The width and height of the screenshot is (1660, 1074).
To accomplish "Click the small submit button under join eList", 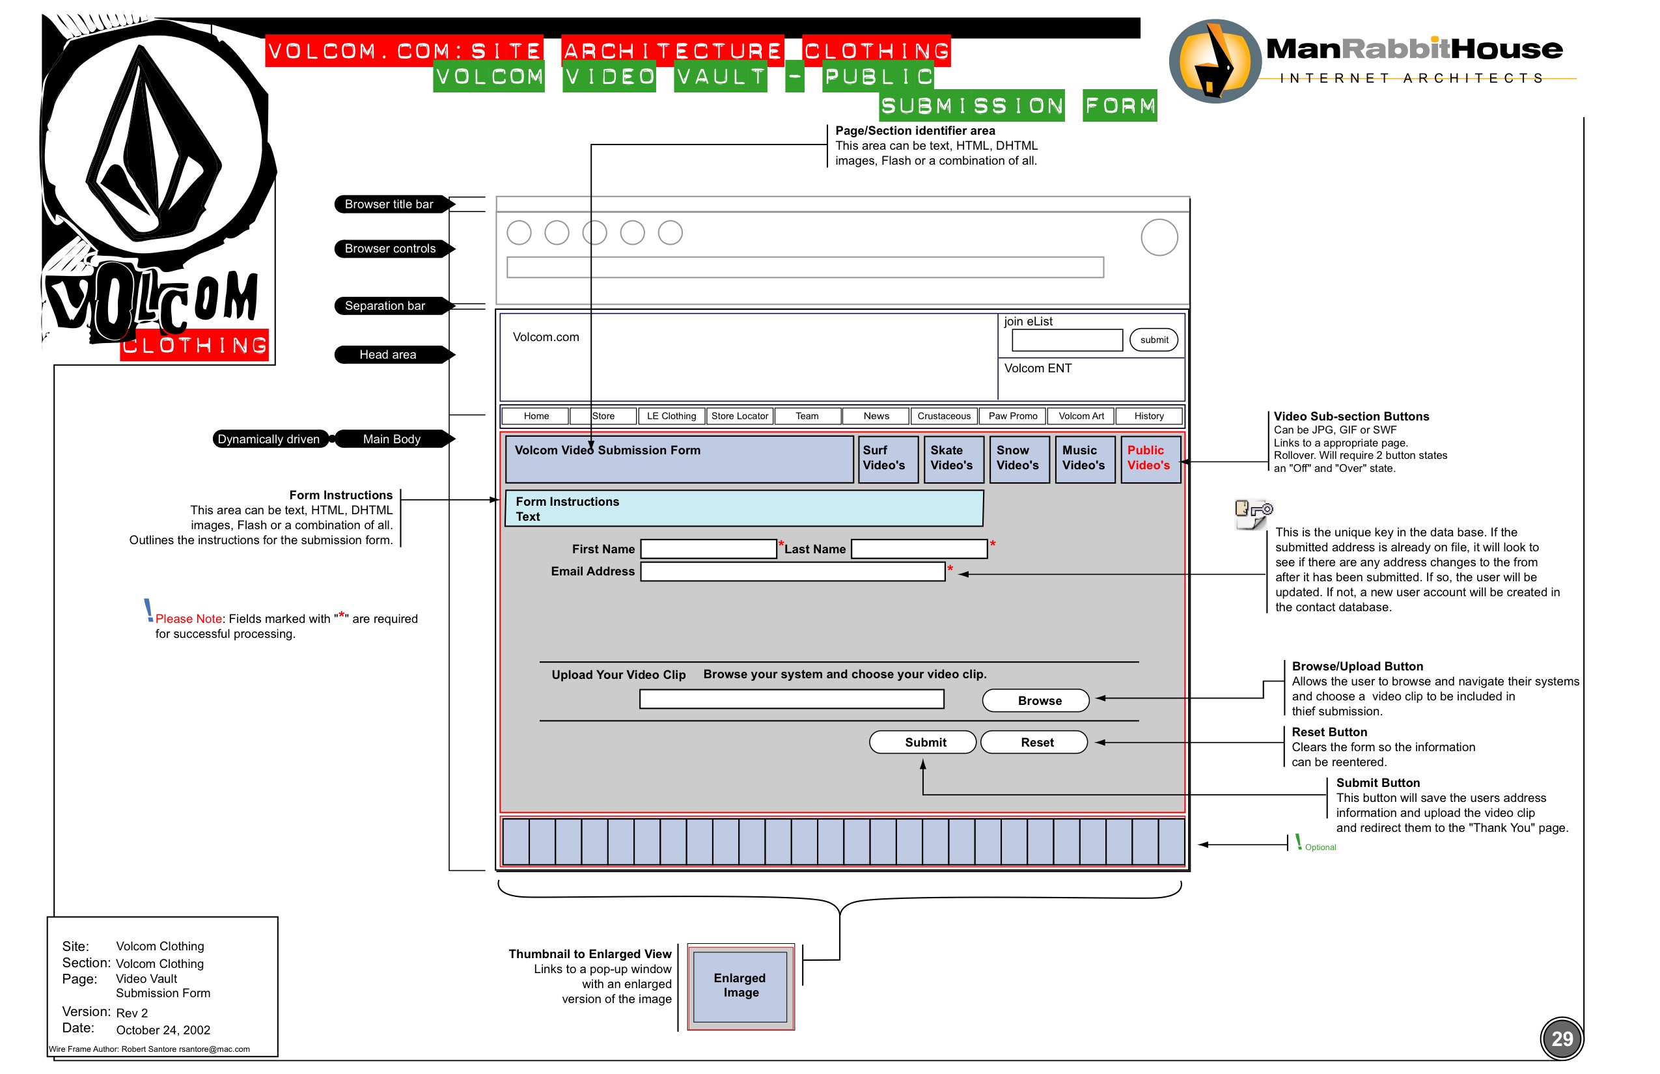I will [x=1154, y=340].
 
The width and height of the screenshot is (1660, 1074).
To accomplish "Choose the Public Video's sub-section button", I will [x=1150, y=458].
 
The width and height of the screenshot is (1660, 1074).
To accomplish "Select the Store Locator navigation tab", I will [x=740, y=416].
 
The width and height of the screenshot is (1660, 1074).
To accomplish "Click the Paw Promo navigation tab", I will [x=1013, y=416].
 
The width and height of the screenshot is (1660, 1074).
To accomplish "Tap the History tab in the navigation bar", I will [x=1149, y=416].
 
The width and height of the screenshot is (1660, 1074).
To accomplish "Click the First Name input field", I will [x=709, y=549].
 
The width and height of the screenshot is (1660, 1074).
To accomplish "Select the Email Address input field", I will [x=792, y=571].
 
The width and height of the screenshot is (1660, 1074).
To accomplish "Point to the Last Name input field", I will [x=919, y=549].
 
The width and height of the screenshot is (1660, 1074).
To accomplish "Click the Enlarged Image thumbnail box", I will [x=740, y=986].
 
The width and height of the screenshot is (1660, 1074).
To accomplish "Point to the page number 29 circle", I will [x=1562, y=1038].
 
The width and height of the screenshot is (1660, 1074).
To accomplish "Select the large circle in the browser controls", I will [x=1159, y=237].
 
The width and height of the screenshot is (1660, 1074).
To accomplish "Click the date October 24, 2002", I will [x=163, y=1030].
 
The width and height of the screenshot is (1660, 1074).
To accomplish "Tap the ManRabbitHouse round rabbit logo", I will [x=1215, y=61].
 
